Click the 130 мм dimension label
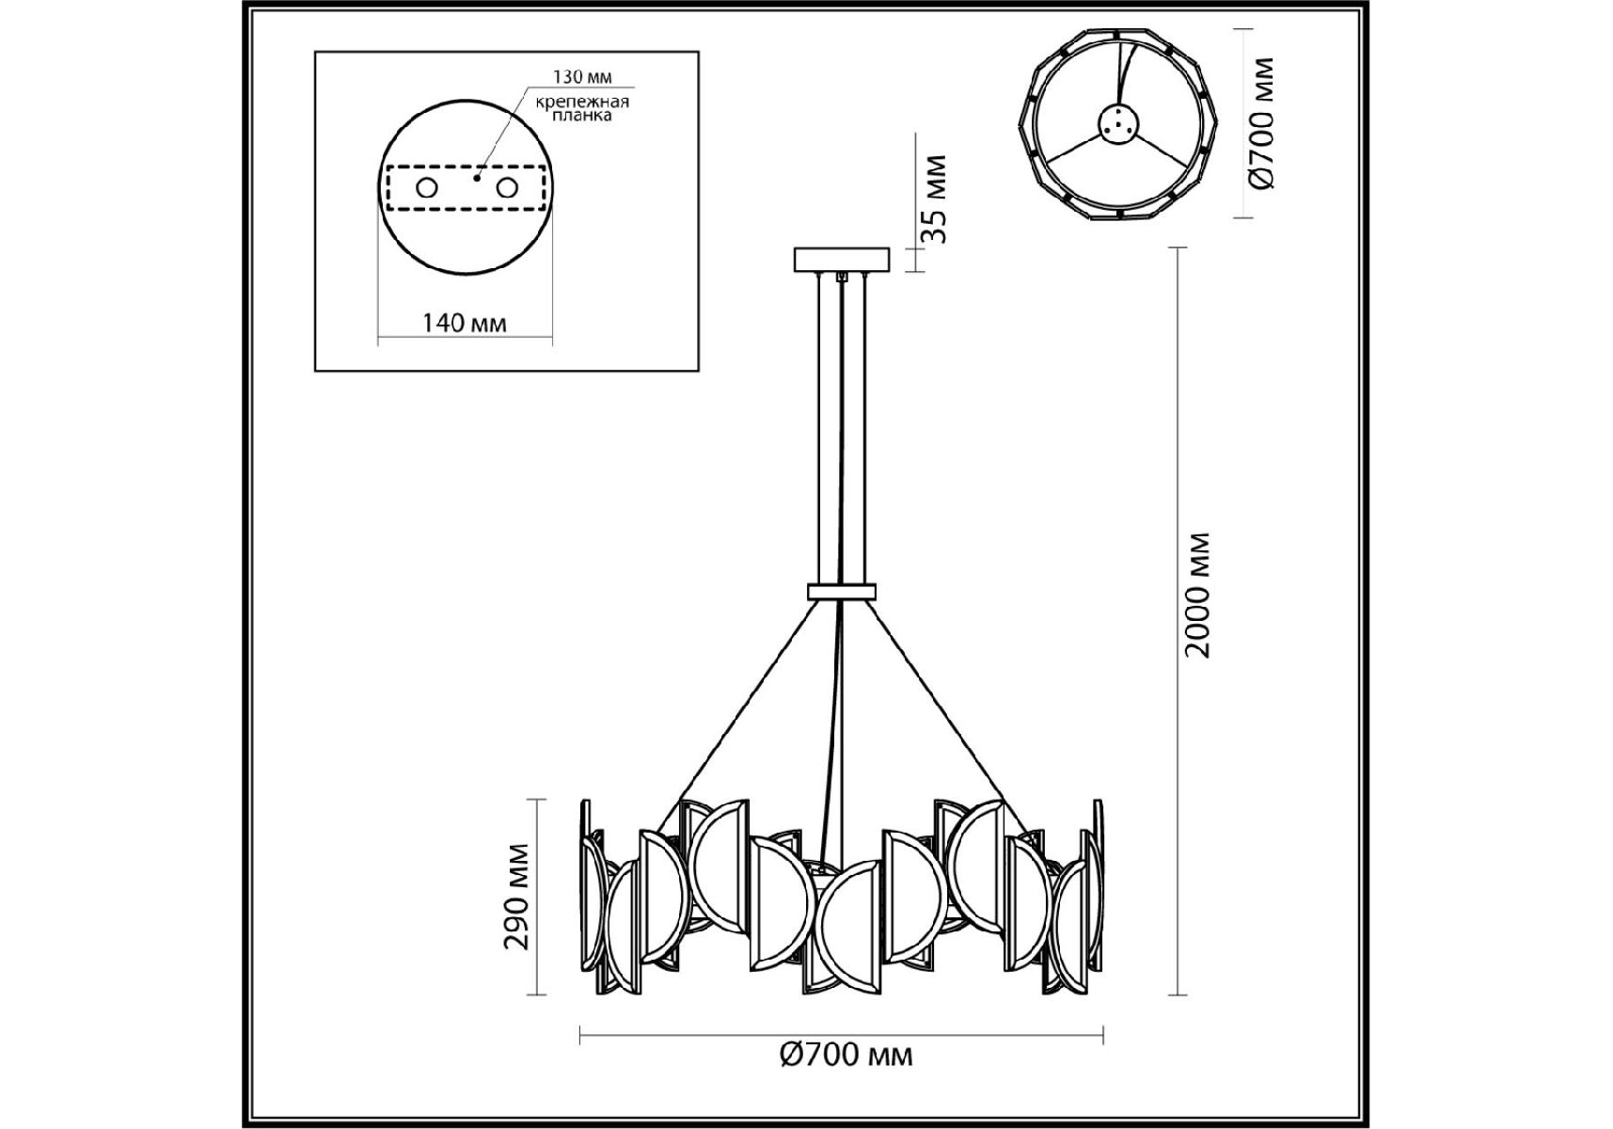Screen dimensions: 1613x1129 coord(583,77)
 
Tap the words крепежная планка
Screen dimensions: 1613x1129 coord(582,108)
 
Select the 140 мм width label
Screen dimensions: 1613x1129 coord(465,324)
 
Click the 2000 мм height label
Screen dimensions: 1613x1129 coord(1197,596)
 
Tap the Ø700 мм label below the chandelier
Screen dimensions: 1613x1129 coord(846,1055)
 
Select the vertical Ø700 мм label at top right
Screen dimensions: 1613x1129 coord(1262,122)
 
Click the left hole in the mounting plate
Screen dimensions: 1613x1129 coord(427,188)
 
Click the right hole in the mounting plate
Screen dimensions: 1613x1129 coord(507,188)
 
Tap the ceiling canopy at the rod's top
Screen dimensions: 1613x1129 coord(841,259)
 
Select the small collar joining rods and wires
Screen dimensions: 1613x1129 coord(841,592)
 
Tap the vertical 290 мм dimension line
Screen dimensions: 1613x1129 coord(537,897)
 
